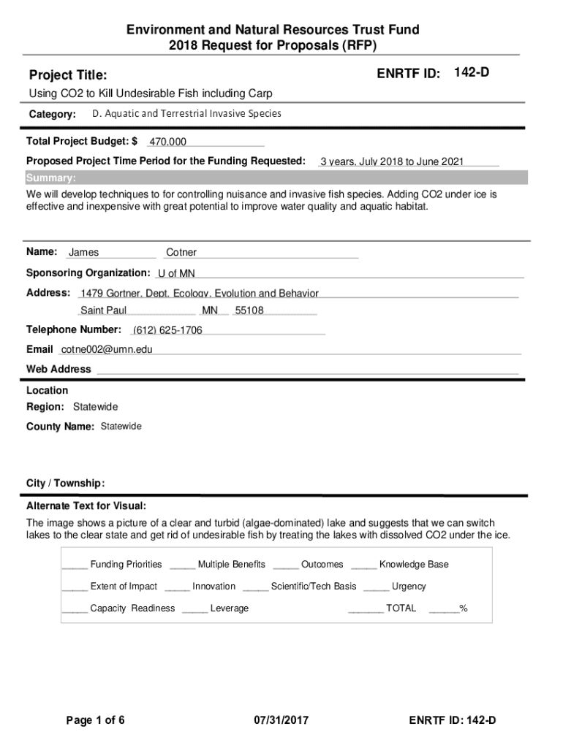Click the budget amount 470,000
(167, 142)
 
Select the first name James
(83, 253)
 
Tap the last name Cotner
(181, 253)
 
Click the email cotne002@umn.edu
(107, 349)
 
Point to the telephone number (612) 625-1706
(167, 330)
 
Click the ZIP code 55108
(249, 310)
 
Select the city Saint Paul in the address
(103, 310)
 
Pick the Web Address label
(58, 369)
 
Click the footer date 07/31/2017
(281, 721)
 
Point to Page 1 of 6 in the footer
(95, 721)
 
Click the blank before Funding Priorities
(75, 565)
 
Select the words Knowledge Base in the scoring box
(414, 564)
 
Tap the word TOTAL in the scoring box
(401, 608)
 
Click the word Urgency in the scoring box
(409, 586)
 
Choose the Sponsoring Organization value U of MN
(176, 273)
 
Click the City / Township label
(66, 484)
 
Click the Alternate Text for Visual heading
(86, 506)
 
